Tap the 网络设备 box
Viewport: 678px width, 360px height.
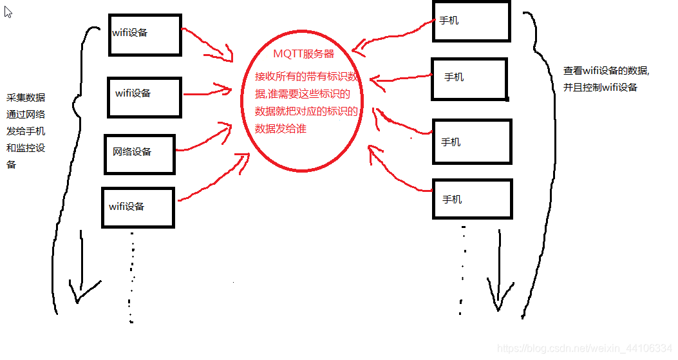click(x=138, y=153)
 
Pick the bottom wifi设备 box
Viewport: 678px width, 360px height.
click(x=137, y=207)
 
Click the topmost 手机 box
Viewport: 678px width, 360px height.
click(x=471, y=21)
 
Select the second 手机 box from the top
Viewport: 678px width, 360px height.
click(x=469, y=79)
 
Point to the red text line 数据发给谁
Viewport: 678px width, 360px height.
click(x=280, y=129)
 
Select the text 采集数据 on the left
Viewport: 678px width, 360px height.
click(x=26, y=98)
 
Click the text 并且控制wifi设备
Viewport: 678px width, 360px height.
click(x=600, y=87)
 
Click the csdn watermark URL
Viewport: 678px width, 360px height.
click(x=585, y=348)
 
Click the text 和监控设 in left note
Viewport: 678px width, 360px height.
click(x=26, y=148)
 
